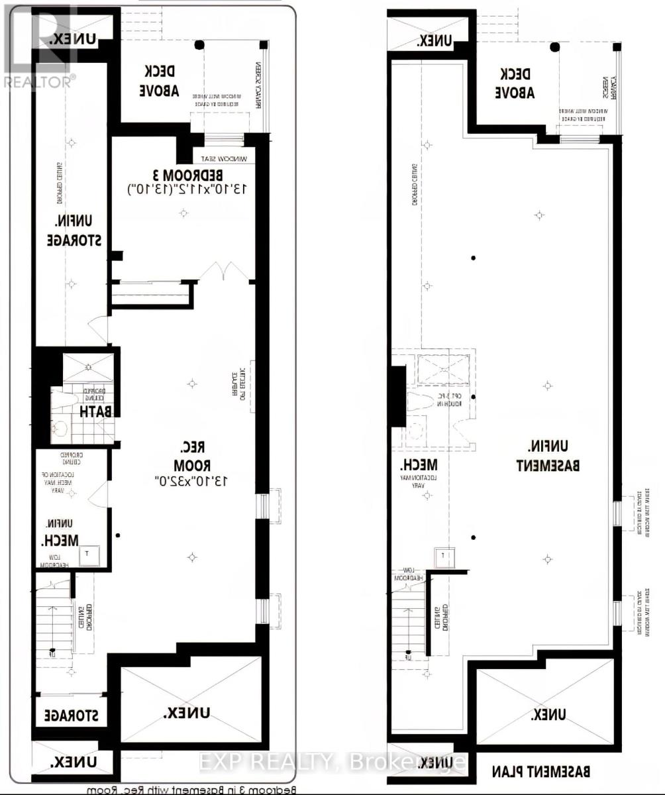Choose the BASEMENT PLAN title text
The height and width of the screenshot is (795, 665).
(541, 772)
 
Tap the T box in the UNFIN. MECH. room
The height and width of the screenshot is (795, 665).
(89, 555)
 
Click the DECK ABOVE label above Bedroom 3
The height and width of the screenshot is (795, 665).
(159, 81)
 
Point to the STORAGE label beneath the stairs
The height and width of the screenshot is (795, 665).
(71, 716)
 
